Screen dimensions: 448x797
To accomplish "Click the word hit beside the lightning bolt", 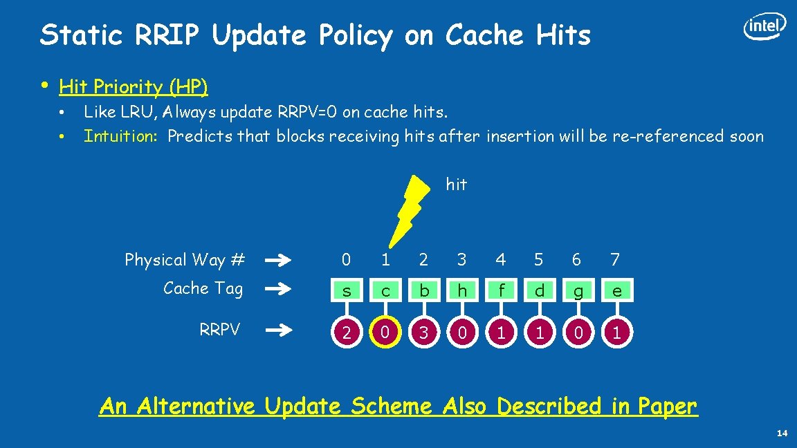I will pyautogui.click(x=457, y=185).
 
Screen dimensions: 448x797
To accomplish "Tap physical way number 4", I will pyautogui.click(x=501, y=260).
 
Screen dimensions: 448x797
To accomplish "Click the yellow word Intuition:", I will pyautogui.click(x=121, y=136).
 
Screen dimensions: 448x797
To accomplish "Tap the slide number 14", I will pyautogui.click(x=782, y=433).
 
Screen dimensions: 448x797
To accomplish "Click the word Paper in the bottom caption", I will pyautogui.click(x=664, y=407).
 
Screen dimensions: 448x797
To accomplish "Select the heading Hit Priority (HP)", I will pyautogui.click(x=134, y=87).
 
